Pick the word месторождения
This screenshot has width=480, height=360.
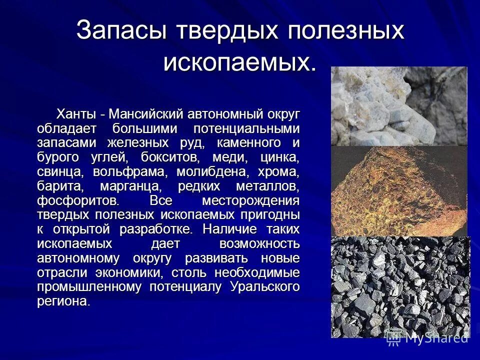pos(250,201)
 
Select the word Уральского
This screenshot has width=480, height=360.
pos(265,287)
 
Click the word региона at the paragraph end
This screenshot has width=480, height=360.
pos(62,301)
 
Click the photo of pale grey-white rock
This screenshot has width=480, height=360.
pos(398,106)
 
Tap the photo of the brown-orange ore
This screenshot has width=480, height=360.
pos(398,190)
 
